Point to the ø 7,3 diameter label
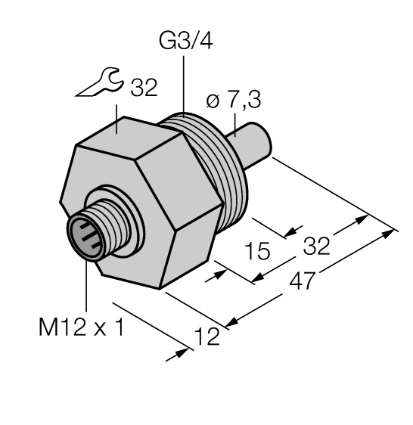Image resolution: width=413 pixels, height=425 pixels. pyautogui.click(x=234, y=101)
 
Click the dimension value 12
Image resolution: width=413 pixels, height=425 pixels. pyautogui.click(x=207, y=336)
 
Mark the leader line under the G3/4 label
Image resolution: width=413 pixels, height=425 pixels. pyautogui.click(x=185, y=83)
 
